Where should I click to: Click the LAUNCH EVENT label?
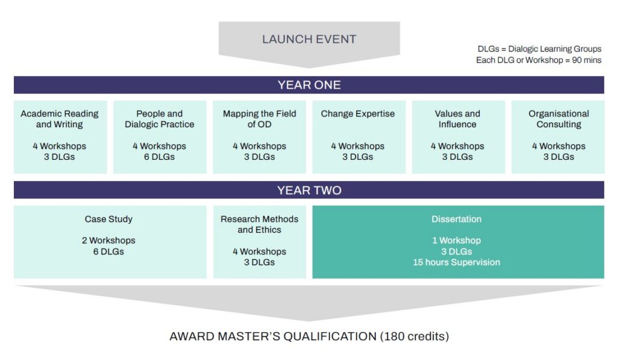pos(309,39)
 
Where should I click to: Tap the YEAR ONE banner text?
pos(309,85)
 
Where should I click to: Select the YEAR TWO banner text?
pos(309,190)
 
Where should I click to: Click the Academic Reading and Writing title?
pos(60,119)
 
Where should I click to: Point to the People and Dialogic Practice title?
pos(159,119)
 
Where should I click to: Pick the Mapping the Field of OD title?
pos(259,119)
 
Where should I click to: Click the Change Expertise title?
pos(358,114)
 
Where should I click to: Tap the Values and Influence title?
pos(457,119)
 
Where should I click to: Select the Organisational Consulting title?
pos(559,119)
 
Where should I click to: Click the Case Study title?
pos(108,219)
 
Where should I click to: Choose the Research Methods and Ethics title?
pos(259,224)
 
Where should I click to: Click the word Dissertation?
pos(457,219)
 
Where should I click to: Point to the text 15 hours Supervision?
pos(457,262)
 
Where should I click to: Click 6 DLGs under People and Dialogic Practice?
pos(159,157)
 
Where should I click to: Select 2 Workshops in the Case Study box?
pos(108,240)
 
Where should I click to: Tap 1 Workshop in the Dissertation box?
pos(457,240)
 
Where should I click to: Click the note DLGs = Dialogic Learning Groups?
pos(539,49)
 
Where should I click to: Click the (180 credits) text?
pos(415,336)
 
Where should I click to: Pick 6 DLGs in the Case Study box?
pos(108,251)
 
